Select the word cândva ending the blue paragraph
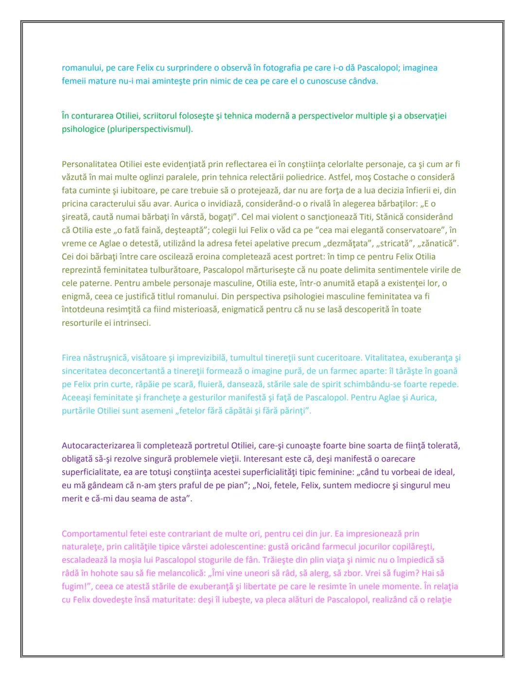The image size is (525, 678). point(362,81)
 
